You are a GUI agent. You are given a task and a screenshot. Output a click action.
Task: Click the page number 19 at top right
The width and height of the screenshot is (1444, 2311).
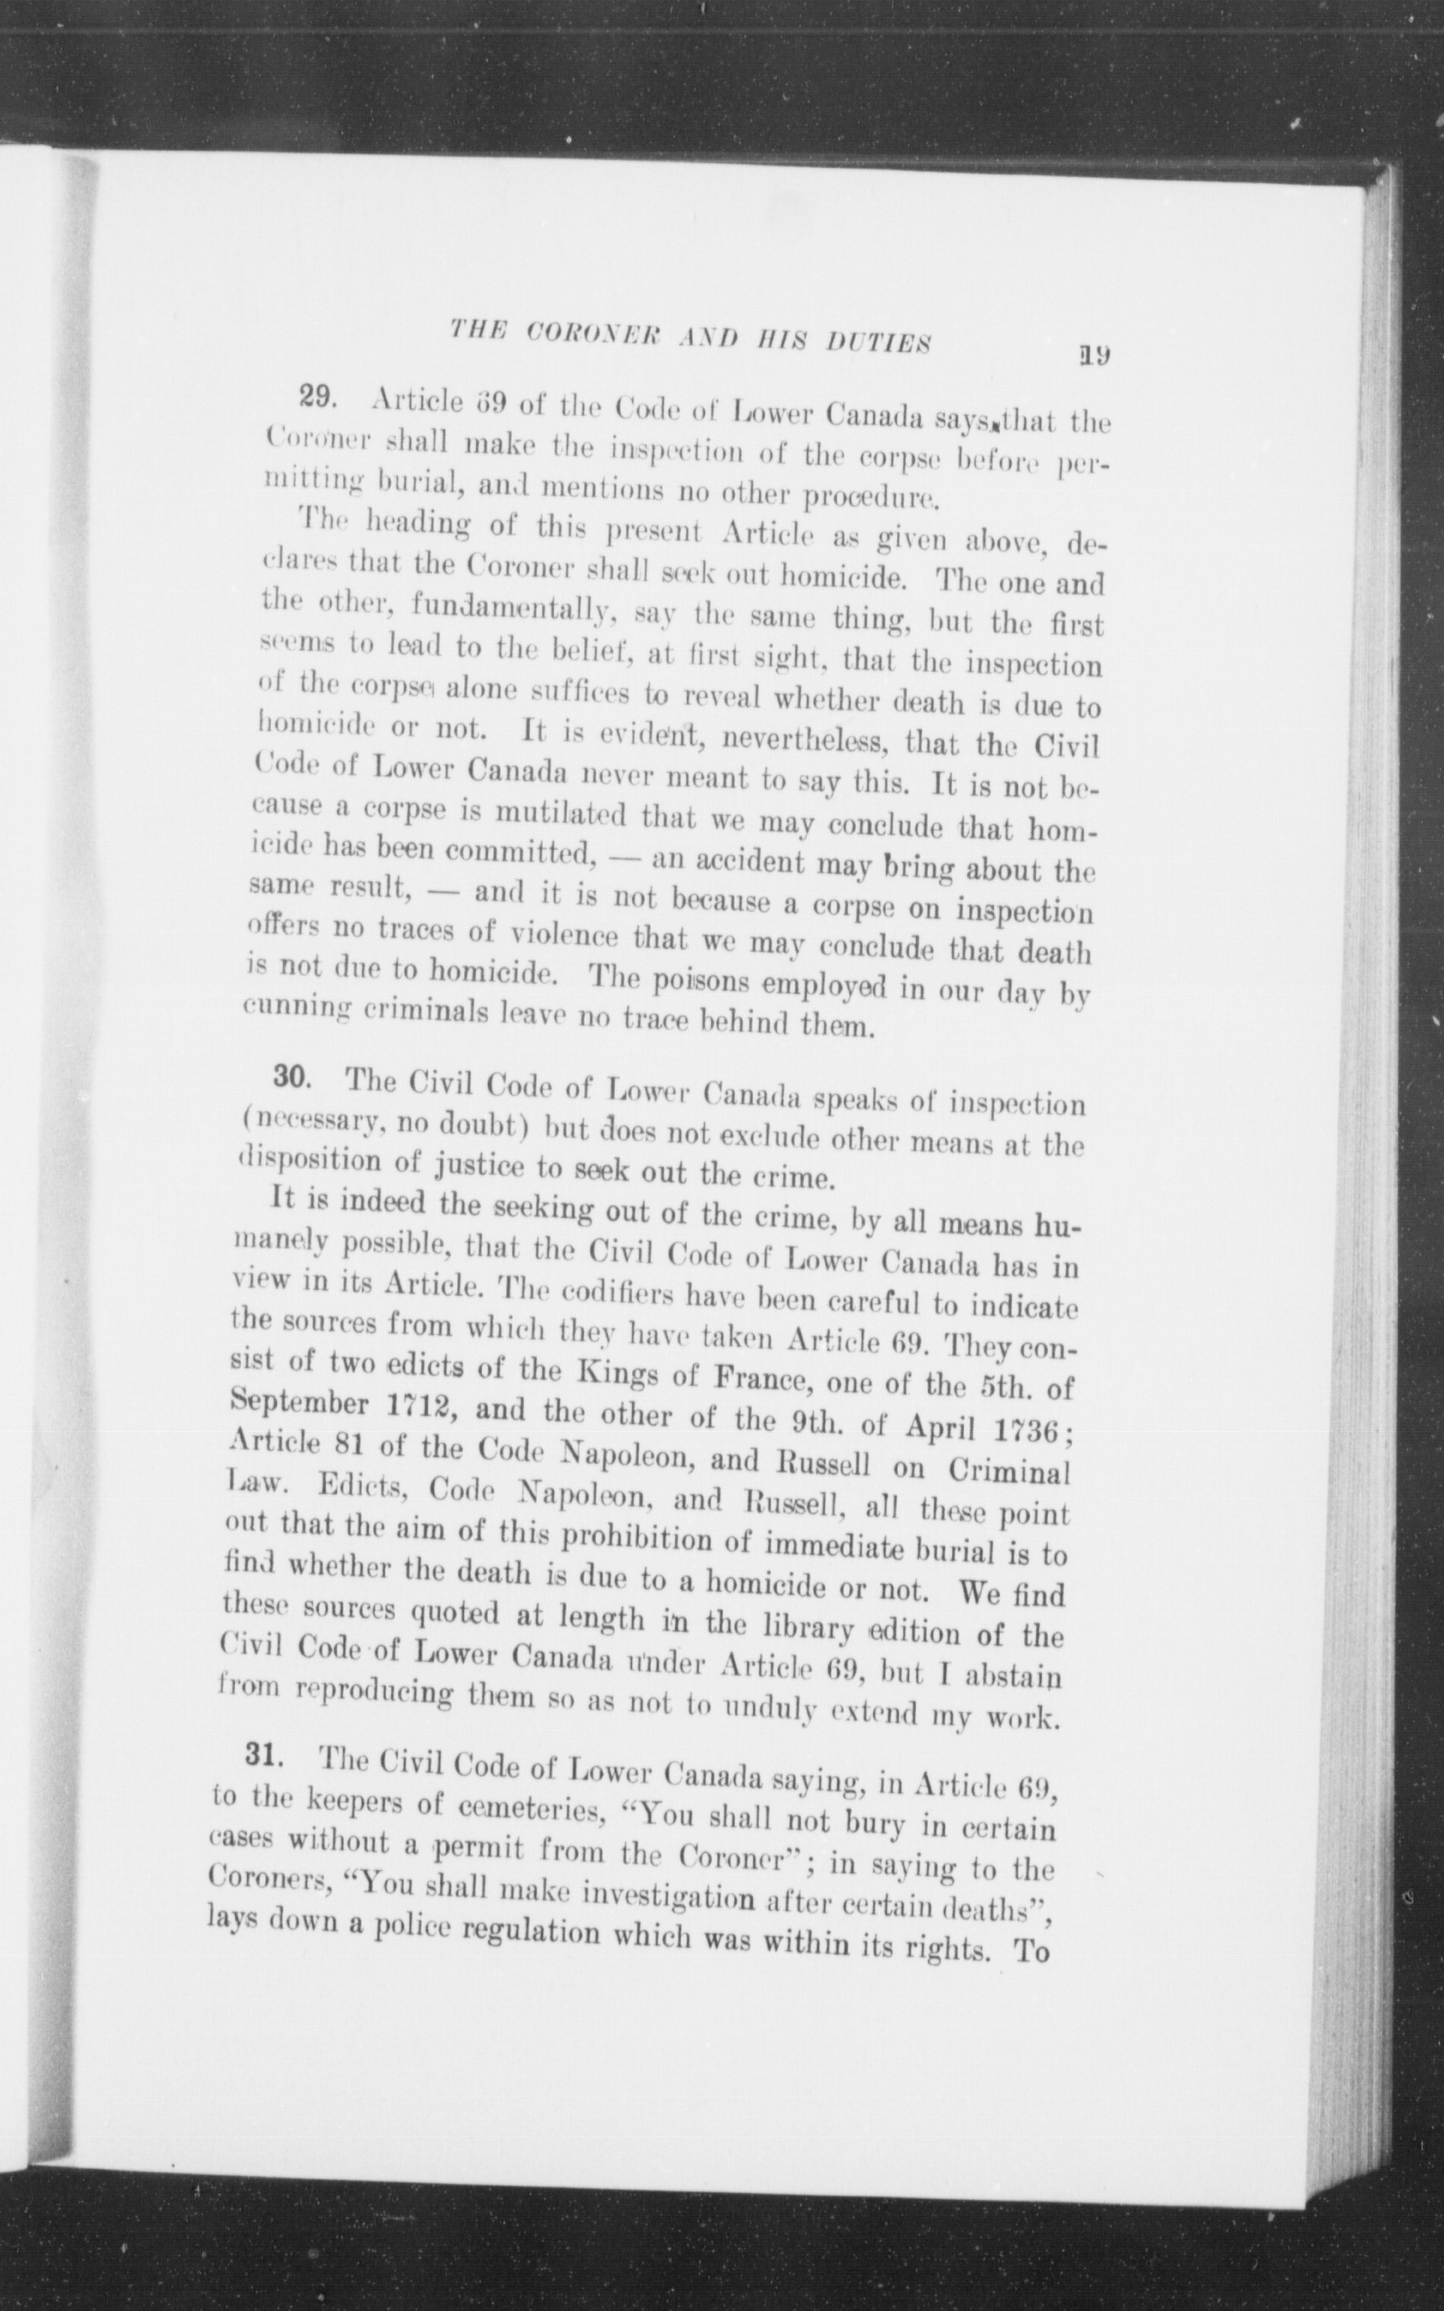pos(1091,356)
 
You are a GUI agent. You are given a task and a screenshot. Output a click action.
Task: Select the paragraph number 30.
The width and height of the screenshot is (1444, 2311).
pos(290,1077)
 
